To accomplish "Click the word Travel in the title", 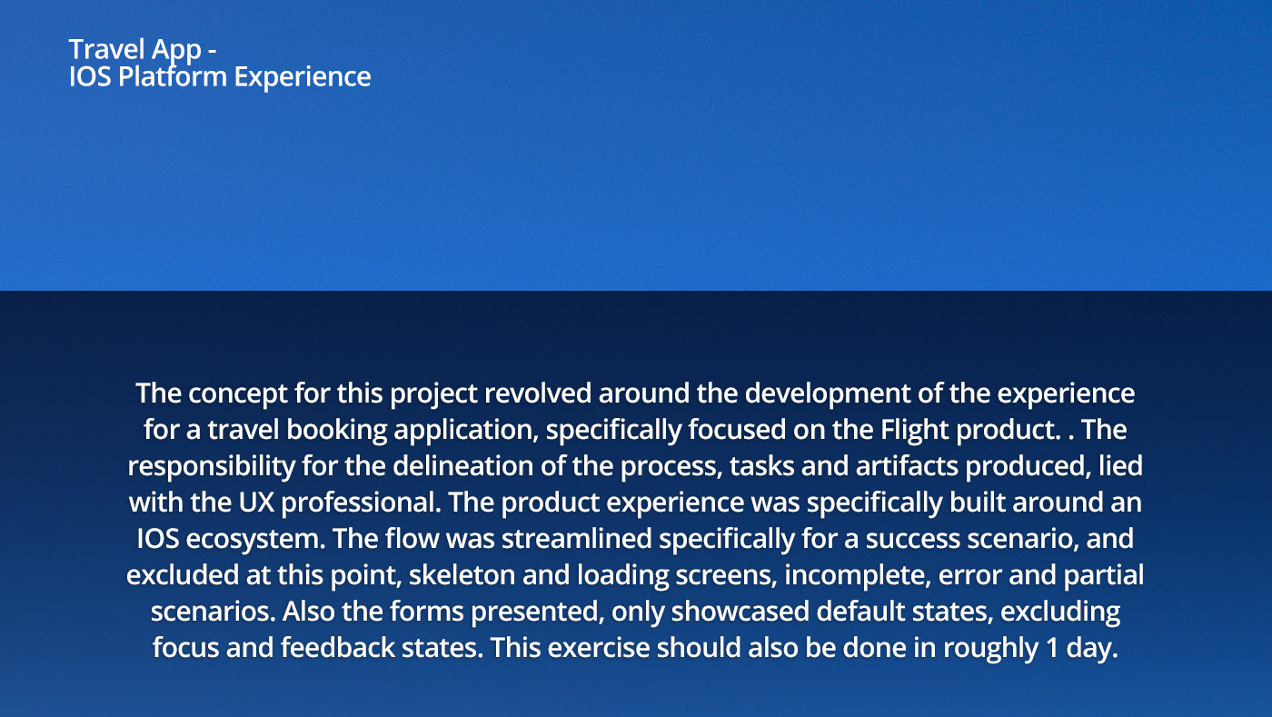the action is coord(106,49).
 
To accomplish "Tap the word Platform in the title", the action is coord(173,76).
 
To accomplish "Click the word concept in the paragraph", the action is coord(238,393).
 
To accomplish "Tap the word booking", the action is coord(337,430).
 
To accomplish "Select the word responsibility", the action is coord(211,466).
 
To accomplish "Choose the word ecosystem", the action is coord(255,539).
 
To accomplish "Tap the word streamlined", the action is coord(576,539).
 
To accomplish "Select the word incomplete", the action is coord(858,575).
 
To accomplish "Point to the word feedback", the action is coord(337,648).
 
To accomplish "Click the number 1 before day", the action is coord(1052,649).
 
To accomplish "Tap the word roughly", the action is coord(990,649).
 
